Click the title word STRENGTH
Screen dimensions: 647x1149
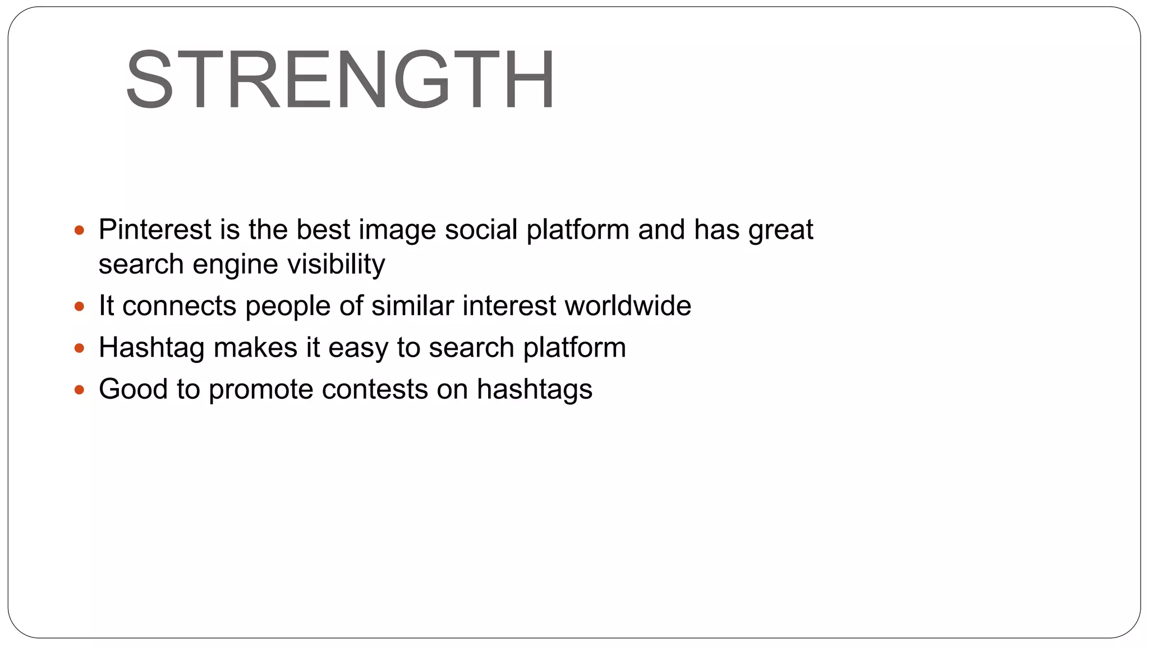coord(340,79)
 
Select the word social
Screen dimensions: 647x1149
coord(481,230)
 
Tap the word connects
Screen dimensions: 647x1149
coord(179,306)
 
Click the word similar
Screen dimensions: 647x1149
coord(412,306)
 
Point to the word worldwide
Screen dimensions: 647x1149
coord(628,306)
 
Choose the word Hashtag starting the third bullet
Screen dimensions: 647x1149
coord(151,348)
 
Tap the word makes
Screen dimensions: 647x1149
coord(255,347)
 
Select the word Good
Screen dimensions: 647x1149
coord(133,389)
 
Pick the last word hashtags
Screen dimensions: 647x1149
coord(534,389)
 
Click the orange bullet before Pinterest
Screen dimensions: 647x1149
coord(79,230)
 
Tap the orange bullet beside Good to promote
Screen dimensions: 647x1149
coord(79,389)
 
